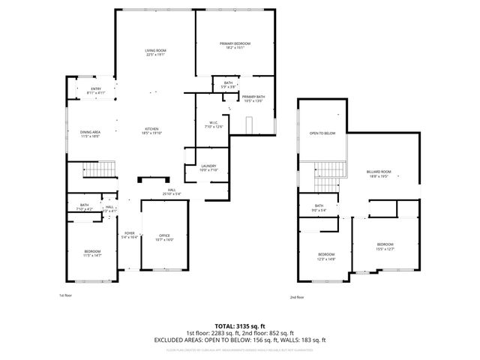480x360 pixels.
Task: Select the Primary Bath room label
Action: pyautogui.click(x=253, y=99)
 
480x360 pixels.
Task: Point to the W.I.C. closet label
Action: pyautogui.click(x=214, y=124)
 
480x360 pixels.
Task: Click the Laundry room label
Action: pyautogui.click(x=208, y=168)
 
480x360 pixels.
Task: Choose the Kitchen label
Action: pyautogui.click(x=151, y=132)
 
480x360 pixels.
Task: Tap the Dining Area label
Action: pyautogui.click(x=90, y=135)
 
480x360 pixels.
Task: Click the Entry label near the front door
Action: pyautogui.click(x=96, y=91)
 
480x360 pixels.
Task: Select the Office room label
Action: pyautogui.click(x=163, y=238)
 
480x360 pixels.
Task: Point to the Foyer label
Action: pyautogui.click(x=130, y=235)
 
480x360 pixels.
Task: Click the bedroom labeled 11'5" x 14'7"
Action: pyautogui.click(x=91, y=253)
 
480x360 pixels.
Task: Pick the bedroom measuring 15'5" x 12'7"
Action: pyautogui.click(x=385, y=247)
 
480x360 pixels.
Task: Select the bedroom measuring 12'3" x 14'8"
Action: pyautogui.click(x=325, y=256)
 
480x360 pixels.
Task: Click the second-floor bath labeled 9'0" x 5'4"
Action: pyautogui.click(x=319, y=208)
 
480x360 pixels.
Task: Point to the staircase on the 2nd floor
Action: pyautogui.click(x=328, y=178)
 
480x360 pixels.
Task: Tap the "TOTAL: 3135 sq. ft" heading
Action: pyautogui.click(x=240, y=327)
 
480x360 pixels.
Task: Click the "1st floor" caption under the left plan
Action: pyautogui.click(x=65, y=296)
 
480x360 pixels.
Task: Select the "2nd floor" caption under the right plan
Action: pyautogui.click(x=297, y=297)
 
